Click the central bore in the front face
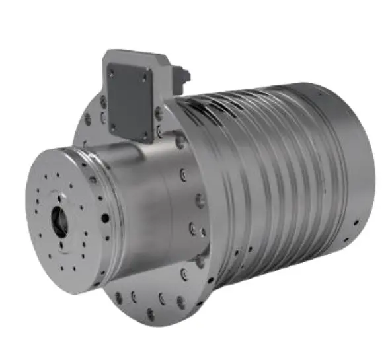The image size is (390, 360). pos(59,223)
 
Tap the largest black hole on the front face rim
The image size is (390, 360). pos(105,217)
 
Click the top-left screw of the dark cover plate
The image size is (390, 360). pos(111,69)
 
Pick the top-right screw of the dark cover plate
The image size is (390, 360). pos(145,77)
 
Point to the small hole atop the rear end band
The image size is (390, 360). pos(331,96)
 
